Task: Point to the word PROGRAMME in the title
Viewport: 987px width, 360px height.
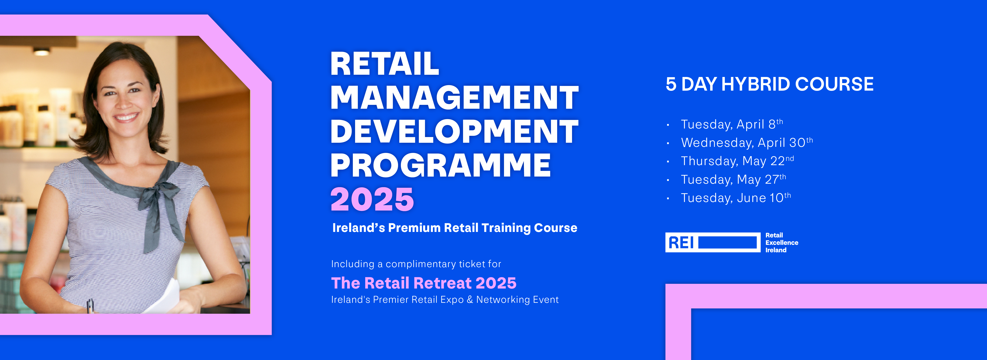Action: [441, 165]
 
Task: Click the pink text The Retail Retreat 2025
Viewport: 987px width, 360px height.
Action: [423, 283]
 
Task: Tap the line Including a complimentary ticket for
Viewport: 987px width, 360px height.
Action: [416, 264]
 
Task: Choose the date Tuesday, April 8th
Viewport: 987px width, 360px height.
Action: [732, 124]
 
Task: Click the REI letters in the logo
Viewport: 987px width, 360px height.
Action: [681, 243]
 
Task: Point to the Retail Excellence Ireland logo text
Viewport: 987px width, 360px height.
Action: [782, 243]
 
